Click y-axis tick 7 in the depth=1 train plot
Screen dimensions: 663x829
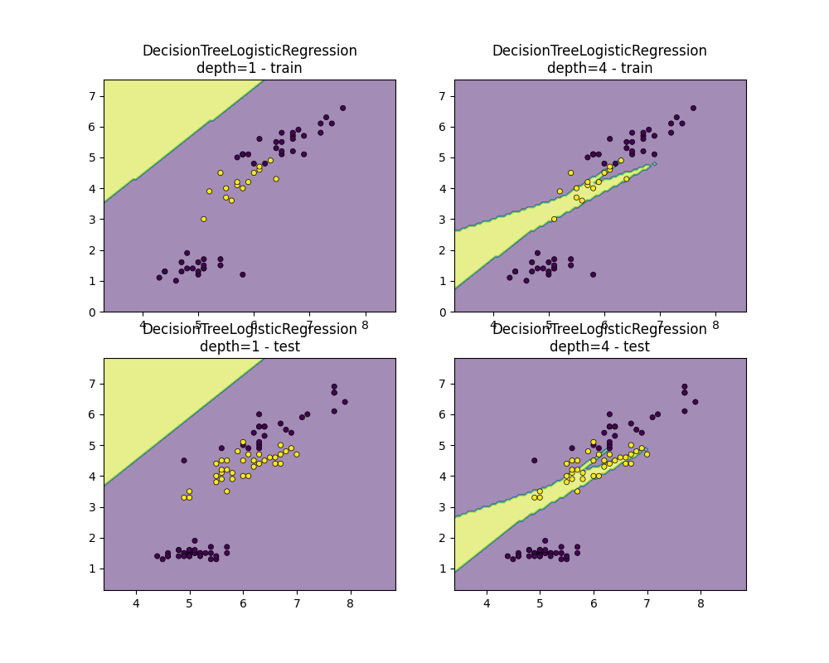point(93,96)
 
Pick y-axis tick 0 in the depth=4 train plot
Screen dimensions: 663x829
point(444,312)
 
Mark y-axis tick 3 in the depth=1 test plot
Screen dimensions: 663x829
point(93,507)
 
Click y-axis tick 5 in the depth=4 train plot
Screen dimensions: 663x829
point(444,157)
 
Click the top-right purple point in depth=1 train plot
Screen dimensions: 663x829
point(342,108)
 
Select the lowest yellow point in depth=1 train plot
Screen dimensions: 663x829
point(203,219)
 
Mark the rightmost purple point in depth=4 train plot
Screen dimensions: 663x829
point(693,108)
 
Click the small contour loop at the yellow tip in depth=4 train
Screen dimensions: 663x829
point(654,163)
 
